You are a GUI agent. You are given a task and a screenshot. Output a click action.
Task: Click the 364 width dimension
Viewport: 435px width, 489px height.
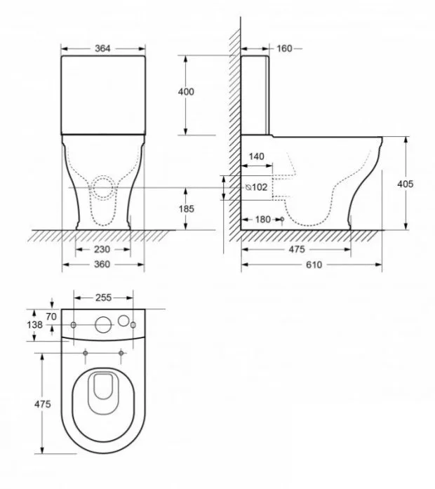tap(102, 48)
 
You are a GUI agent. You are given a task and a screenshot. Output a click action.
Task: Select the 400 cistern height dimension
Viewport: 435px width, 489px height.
tap(186, 91)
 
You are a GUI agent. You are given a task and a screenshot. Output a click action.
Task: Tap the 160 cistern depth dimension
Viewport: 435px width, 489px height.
tap(284, 48)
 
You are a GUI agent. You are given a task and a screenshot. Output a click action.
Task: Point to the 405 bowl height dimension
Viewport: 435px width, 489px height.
tap(405, 184)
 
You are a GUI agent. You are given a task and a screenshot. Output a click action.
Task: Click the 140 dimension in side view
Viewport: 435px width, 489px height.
tap(257, 156)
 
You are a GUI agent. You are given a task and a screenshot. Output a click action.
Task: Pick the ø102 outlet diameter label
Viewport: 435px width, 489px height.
tap(256, 187)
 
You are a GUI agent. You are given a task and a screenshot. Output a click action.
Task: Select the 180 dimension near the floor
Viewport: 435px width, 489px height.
tap(263, 220)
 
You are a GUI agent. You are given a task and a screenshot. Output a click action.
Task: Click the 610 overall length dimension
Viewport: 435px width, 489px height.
tap(314, 264)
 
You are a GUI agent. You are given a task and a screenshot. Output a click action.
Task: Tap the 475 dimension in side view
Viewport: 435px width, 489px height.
tap(297, 249)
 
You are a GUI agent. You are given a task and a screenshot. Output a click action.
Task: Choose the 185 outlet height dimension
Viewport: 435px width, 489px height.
tap(187, 208)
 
